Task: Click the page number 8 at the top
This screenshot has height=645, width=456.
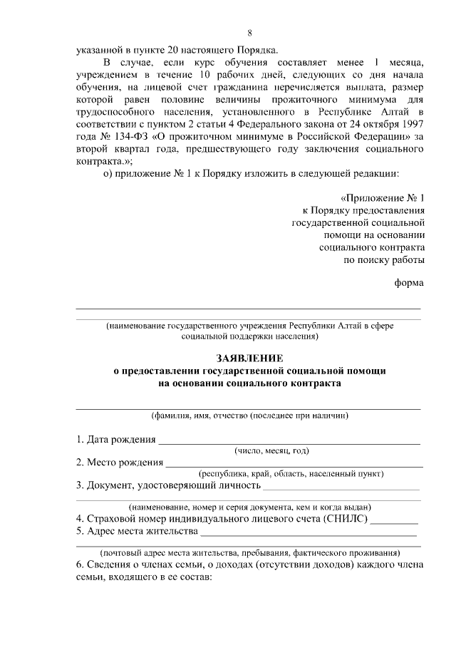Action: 249,33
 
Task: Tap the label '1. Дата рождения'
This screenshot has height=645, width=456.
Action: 115,438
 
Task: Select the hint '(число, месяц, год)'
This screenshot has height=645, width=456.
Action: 271,450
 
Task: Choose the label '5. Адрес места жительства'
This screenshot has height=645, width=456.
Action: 136,532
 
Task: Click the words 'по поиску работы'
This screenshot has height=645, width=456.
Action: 385,261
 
